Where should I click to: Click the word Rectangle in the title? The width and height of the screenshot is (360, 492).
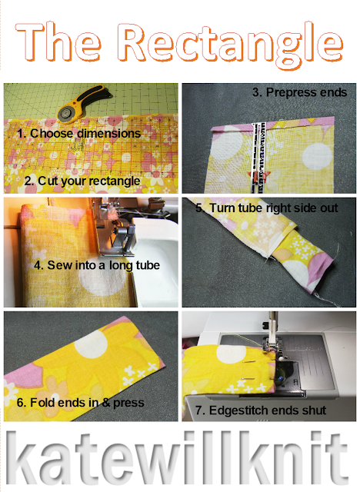(232, 43)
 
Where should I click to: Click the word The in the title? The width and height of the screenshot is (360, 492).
(58, 41)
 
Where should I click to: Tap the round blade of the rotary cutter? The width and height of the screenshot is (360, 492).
(67, 113)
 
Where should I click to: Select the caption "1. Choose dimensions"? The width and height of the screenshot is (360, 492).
(78, 133)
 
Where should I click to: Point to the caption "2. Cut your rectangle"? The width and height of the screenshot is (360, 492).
(82, 181)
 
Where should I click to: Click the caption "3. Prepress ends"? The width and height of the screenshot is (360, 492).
(299, 92)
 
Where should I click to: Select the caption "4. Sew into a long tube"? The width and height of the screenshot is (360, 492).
(97, 265)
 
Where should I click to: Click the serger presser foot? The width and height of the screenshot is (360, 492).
(122, 238)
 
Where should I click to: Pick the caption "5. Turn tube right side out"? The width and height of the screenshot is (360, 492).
(266, 208)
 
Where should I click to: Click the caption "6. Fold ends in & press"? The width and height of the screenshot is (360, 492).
(80, 403)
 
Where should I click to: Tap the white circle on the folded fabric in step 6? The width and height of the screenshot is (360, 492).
(91, 344)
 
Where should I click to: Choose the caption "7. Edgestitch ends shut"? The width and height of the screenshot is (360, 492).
(261, 411)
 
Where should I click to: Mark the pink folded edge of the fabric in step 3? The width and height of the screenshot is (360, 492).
(272, 125)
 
